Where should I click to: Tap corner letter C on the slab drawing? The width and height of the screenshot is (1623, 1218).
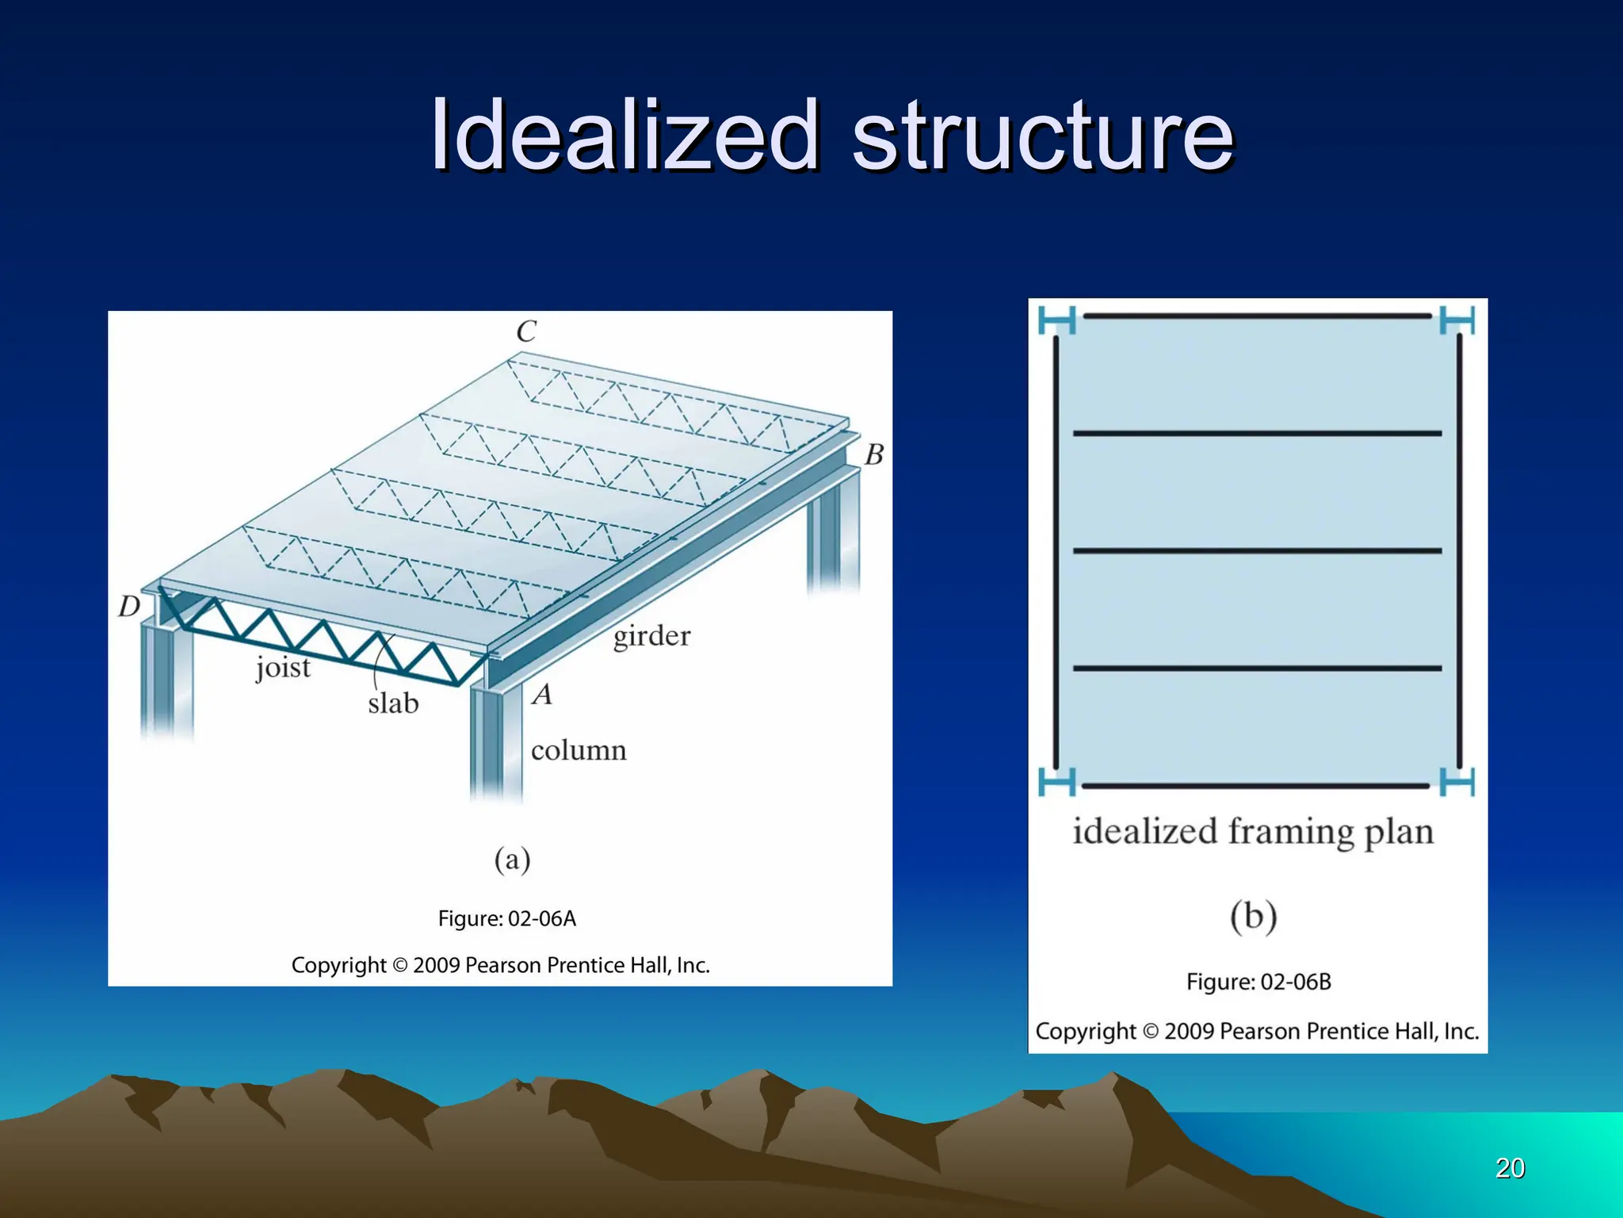(x=526, y=331)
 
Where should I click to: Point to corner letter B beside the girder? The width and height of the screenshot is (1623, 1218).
(x=873, y=454)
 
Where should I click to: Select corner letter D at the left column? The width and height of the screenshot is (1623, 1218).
(x=129, y=607)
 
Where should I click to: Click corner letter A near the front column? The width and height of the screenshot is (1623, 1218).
(x=542, y=695)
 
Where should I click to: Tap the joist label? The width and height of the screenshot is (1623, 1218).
(x=283, y=668)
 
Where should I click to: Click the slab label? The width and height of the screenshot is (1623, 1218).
(x=393, y=703)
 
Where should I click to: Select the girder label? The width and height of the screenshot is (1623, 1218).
(x=651, y=636)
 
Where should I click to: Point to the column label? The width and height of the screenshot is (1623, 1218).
(x=579, y=750)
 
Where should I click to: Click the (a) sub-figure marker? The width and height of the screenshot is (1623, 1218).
(x=512, y=860)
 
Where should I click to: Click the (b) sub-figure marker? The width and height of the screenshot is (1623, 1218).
(x=1253, y=917)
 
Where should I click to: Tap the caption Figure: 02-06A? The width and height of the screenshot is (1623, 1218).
(x=507, y=919)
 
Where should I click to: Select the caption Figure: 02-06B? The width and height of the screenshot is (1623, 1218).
(x=1258, y=982)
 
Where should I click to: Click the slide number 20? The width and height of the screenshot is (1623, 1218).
(x=1510, y=1168)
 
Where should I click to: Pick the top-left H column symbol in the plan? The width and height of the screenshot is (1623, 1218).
(x=1057, y=320)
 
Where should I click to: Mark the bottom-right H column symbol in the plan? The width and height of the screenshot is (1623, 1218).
(x=1457, y=782)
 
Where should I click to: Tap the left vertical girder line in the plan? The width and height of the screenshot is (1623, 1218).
(x=1056, y=551)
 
